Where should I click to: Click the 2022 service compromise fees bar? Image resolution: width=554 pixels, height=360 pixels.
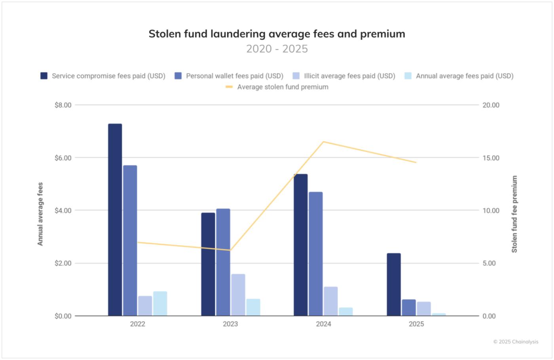115,220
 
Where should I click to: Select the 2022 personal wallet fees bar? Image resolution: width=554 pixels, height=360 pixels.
130,241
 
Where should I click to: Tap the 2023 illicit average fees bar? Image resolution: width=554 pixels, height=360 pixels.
238,295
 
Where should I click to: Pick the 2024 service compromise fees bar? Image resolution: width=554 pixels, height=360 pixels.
300,245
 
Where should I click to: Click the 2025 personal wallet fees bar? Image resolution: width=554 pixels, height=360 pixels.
409,307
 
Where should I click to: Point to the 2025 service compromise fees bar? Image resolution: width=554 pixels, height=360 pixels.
394,284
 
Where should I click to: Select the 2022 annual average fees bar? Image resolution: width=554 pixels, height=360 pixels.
160,303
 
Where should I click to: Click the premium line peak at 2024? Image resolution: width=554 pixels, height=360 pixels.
323,142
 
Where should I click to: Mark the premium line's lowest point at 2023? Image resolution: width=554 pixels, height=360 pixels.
230,250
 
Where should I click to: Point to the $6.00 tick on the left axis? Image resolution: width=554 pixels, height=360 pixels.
63,158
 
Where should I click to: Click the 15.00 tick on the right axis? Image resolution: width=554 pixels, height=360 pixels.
491,158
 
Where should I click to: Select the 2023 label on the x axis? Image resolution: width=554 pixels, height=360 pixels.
230,324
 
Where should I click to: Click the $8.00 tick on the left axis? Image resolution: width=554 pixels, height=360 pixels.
63,105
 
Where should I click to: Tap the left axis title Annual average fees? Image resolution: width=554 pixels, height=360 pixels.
40,214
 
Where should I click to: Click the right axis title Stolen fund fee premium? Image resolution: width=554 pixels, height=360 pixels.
514,214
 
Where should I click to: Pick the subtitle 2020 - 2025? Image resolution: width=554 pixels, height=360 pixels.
277,49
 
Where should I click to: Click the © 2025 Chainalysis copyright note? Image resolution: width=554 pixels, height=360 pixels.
516,342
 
